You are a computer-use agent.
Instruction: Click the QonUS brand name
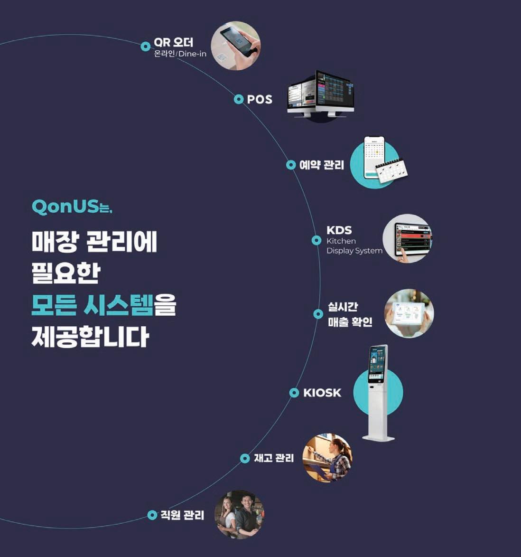point(65,207)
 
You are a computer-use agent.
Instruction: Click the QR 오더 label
point(173,42)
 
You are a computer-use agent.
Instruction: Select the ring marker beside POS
point(239,99)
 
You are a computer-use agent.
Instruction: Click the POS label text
point(260,99)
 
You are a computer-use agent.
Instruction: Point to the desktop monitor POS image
point(320,95)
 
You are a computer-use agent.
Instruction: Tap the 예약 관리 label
point(322,165)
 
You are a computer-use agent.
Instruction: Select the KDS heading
point(339,230)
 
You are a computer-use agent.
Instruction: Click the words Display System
point(354,251)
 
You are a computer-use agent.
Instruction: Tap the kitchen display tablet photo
point(408,239)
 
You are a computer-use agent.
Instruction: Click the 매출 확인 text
point(350,322)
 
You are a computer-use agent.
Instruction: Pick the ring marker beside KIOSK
point(294,393)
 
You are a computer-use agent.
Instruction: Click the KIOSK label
point(322,393)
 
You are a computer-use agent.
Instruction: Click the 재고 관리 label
point(274,458)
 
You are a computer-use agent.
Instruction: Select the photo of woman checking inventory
point(327,458)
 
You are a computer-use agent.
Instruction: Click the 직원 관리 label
point(182,515)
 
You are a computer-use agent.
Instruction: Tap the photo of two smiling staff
point(239,514)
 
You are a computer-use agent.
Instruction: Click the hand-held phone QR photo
point(235,46)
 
